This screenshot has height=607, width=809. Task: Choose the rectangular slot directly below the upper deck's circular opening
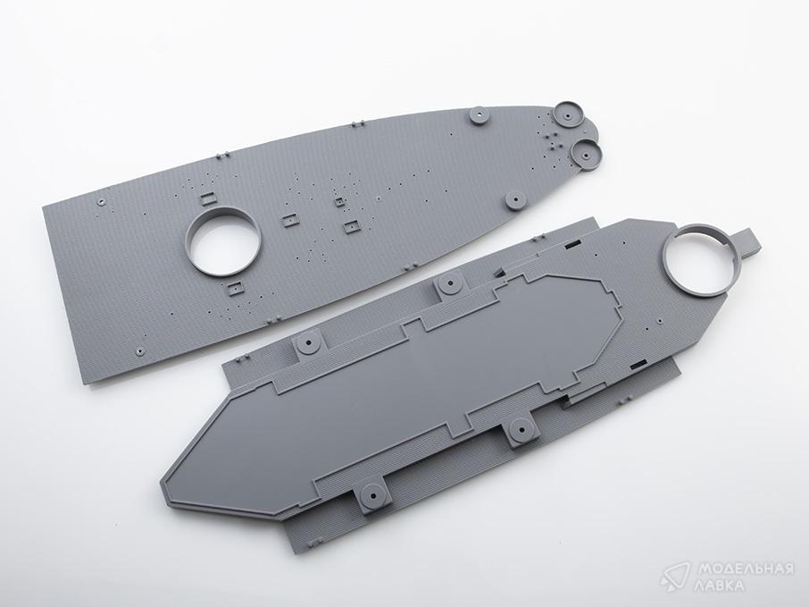tap(235, 288)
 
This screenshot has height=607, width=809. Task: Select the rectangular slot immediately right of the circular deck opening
tap(289, 221)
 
